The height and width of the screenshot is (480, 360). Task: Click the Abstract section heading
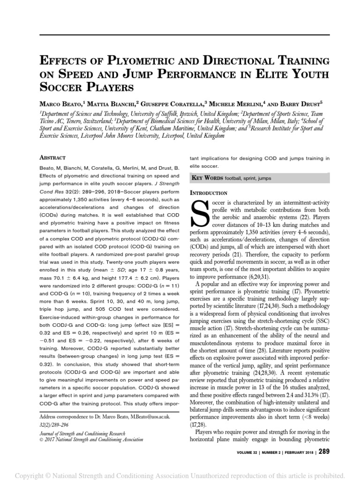pyautogui.click(x=52, y=158)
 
